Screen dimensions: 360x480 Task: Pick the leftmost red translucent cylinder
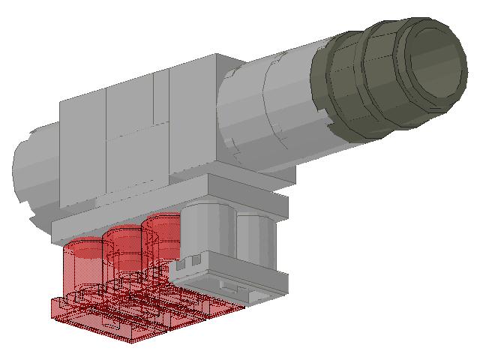[82, 255]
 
